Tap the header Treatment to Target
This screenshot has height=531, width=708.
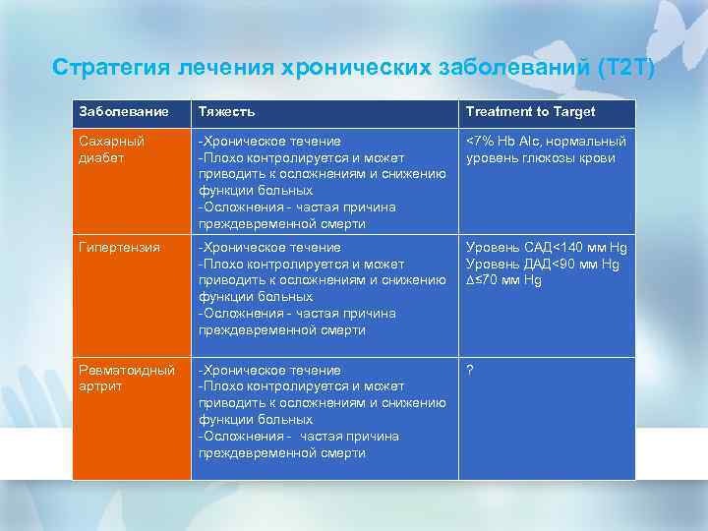pyautogui.click(x=530, y=112)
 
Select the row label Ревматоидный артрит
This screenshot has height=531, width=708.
pyautogui.click(x=127, y=379)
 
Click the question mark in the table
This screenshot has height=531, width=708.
pyautogui.click(x=470, y=371)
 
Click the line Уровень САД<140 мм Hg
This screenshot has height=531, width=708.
pyautogui.click(x=546, y=248)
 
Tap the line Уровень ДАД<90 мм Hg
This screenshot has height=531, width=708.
pyautogui.click(x=542, y=265)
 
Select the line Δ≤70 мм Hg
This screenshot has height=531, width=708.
pyautogui.click(x=503, y=280)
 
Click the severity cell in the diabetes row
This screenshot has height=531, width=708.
pyautogui.click(x=323, y=182)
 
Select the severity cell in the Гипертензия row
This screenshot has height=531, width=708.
pyautogui.click(x=323, y=288)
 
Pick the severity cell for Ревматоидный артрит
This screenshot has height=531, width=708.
pyautogui.click(x=323, y=411)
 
